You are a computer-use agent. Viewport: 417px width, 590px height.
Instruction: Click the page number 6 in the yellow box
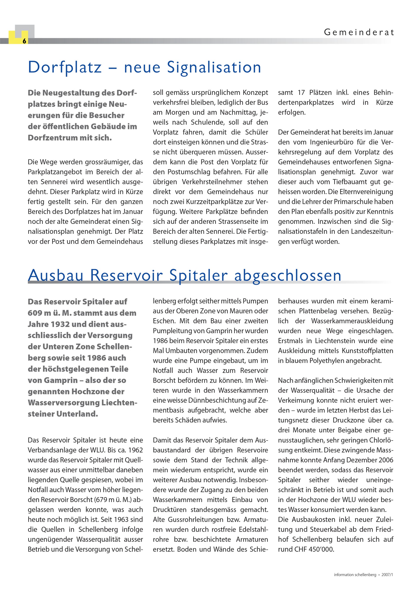24,41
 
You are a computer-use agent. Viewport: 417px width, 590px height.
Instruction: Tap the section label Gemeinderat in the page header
359,32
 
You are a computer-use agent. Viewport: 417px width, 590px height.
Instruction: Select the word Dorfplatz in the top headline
65,67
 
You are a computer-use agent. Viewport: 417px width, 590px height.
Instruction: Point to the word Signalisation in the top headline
214,67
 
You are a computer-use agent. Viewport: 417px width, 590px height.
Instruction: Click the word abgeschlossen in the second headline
287,276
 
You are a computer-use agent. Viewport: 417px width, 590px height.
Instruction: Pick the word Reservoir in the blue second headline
126,276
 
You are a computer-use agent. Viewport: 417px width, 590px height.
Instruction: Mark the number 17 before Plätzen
302,93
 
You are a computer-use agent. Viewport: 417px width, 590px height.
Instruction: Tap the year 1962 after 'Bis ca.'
136,450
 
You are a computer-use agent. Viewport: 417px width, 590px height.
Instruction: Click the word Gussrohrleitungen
196,520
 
